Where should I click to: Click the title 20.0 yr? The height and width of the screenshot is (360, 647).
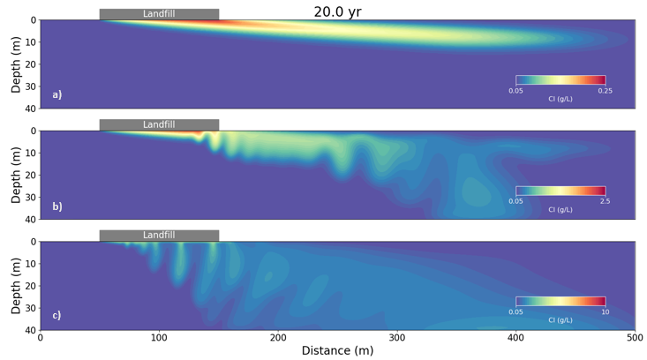click(337, 11)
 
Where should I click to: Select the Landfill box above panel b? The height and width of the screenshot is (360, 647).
click(159, 124)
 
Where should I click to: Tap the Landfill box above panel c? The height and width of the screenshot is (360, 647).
click(159, 236)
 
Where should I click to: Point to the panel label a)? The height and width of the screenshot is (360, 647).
click(57, 94)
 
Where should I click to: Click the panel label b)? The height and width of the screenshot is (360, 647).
click(57, 206)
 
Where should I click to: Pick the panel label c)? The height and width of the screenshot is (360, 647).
click(57, 315)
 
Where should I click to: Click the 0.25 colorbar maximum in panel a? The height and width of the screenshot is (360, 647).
click(605, 90)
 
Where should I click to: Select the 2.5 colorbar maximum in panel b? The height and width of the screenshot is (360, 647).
click(605, 201)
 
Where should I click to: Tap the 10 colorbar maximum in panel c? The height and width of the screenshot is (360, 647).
click(605, 311)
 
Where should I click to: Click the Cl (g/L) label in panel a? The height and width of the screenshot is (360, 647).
click(560, 99)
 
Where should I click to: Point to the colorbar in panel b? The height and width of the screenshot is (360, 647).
click(560, 191)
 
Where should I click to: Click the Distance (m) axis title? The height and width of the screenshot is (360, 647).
click(337, 351)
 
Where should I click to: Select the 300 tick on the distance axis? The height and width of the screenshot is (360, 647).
click(397, 337)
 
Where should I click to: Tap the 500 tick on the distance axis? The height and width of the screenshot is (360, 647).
click(635, 337)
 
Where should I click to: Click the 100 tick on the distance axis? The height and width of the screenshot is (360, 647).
click(159, 337)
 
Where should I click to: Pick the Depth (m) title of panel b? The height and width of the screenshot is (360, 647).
click(16, 175)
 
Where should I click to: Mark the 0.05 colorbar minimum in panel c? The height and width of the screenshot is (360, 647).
click(516, 311)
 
